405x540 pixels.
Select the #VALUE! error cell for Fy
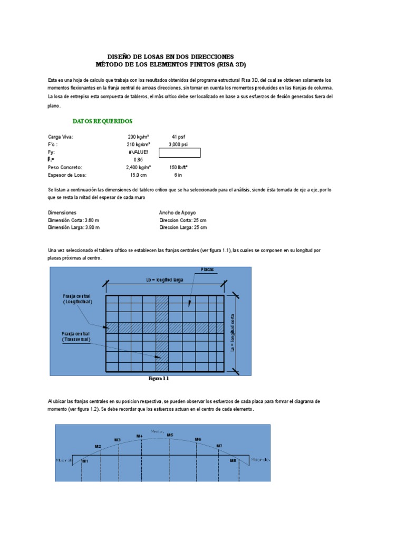point(138,152)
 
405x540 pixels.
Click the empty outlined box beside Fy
point(179,153)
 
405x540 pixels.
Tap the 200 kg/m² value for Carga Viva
point(139,137)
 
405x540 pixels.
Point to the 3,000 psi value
point(178,144)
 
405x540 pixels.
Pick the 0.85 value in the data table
point(138,159)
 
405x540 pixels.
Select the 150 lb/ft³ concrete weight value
point(179,167)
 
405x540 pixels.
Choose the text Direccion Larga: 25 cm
point(183,227)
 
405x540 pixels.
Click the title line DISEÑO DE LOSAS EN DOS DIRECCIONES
point(170,56)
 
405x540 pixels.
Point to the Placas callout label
point(208,269)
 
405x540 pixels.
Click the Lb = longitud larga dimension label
point(165,280)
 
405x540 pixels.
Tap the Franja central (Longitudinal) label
point(76,300)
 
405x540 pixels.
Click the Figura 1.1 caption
point(159,379)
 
